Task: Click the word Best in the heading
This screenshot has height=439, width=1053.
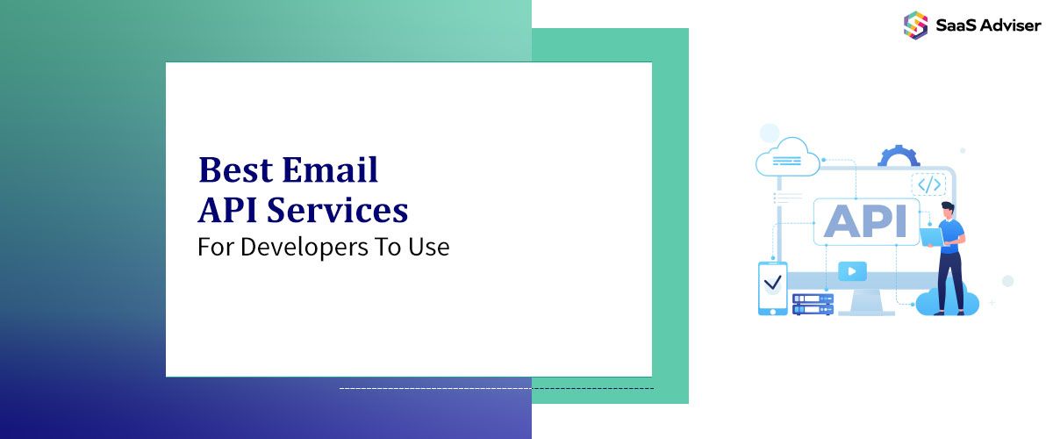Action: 235,169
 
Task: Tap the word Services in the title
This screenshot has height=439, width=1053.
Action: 338,210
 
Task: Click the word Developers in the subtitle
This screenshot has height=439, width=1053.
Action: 304,247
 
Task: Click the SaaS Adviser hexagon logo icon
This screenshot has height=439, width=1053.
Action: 915,25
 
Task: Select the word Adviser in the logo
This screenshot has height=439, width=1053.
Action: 1011,25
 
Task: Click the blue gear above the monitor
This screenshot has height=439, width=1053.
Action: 899,155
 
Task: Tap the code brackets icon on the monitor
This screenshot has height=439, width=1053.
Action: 929,184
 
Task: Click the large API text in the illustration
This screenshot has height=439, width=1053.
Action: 865,221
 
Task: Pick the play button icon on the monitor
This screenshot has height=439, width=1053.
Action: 852,271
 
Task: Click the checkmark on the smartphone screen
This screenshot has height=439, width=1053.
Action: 772,283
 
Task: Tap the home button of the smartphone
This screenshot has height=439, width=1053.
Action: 772,311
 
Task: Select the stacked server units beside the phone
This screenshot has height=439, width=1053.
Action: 813,305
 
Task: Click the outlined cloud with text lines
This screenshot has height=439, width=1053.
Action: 787,158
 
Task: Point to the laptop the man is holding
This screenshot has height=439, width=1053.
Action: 931,237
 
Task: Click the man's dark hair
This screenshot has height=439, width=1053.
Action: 947,207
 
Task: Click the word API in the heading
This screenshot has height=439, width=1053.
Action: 228,210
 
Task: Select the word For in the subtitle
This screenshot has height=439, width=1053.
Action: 215,247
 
